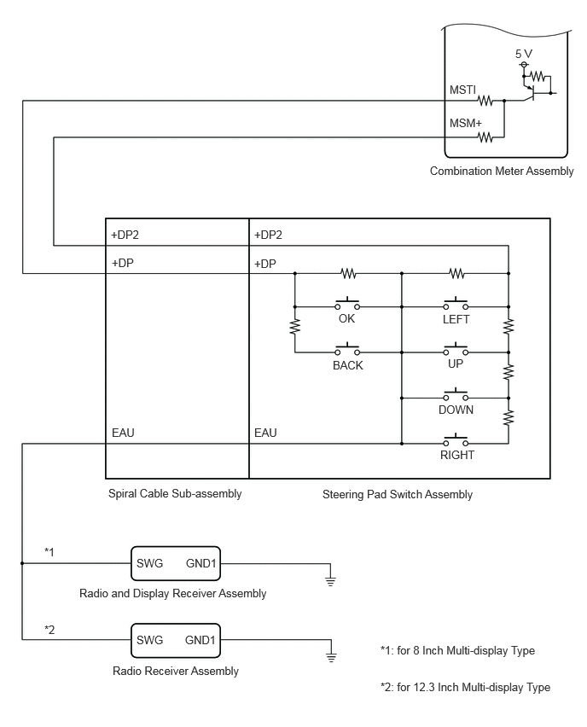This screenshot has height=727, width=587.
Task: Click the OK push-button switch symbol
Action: pos(347,303)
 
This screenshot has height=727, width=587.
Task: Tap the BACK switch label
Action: pos(348,365)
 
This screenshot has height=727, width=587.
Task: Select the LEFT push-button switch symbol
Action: pos(456,303)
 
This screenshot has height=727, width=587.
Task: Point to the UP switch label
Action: pos(456,363)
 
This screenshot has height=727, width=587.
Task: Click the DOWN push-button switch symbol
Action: pos(456,394)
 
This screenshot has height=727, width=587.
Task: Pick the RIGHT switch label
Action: pos(457,455)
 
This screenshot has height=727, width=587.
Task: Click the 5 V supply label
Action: pos(524,54)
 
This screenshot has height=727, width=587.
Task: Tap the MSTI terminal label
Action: pos(462,90)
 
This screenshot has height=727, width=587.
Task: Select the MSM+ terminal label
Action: pos(466,124)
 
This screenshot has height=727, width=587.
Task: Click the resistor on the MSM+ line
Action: pos(485,137)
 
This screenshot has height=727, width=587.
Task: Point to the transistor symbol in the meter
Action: pos(531,92)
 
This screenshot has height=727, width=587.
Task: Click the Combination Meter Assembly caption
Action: pos(502,172)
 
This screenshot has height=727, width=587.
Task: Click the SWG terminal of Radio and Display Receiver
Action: pos(149,563)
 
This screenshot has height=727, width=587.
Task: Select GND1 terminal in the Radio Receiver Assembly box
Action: pos(201,640)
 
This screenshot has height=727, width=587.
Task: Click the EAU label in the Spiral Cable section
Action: pos(123,433)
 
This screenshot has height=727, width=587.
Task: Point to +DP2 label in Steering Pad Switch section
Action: pos(268,235)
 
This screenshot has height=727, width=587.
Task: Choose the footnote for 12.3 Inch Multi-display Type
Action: pos(465,687)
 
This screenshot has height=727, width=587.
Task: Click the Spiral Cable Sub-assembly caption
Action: pos(175,494)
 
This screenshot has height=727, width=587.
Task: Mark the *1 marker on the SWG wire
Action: pos(49,552)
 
